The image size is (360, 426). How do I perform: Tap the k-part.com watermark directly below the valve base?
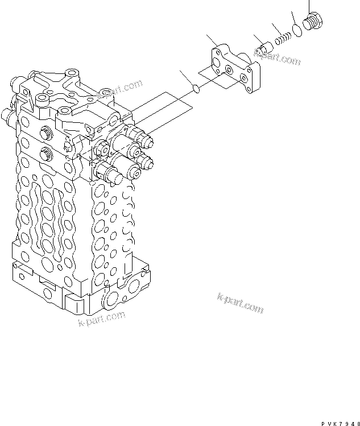tap(101, 320)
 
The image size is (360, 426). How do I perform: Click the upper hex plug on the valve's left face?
tap(46, 135)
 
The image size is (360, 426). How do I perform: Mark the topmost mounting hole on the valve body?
tap(71, 73)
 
